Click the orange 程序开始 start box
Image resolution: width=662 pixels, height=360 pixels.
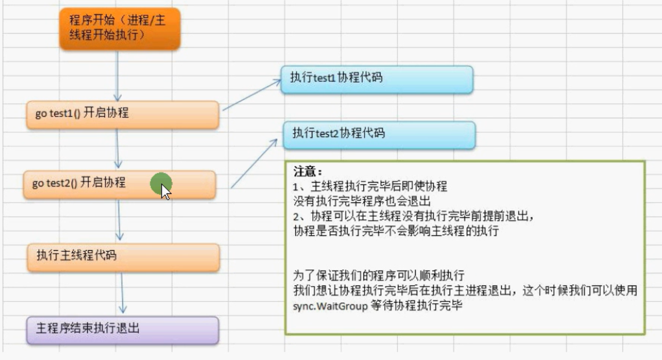(x=119, y=29)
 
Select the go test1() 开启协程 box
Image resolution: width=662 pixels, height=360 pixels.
(x=122, y=114)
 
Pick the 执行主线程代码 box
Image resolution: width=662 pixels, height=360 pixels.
(x=122, y=257)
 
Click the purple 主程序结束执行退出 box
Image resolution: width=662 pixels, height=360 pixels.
(x=122, y=330)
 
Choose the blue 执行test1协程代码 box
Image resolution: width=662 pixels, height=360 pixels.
(x=377, y=79)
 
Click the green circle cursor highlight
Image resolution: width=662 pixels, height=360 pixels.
(x=160, y=183)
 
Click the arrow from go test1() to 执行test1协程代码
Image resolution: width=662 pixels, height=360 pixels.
(x=251, y=95)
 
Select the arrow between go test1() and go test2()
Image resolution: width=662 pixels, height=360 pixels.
(x=119, y=149)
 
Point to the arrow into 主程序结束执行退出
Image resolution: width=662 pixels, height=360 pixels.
(x=122, y=293)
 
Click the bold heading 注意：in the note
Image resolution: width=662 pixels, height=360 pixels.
(x=308, y=173)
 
